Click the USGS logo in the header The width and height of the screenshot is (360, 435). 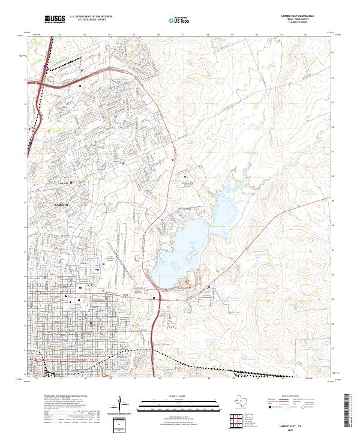tap(54, 20)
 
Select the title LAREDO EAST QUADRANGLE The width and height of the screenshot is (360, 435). tap(293, 16)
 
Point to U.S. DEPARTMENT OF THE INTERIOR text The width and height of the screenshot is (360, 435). tap(90, 16)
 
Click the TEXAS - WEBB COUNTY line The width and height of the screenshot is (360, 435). tap(293, 20)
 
